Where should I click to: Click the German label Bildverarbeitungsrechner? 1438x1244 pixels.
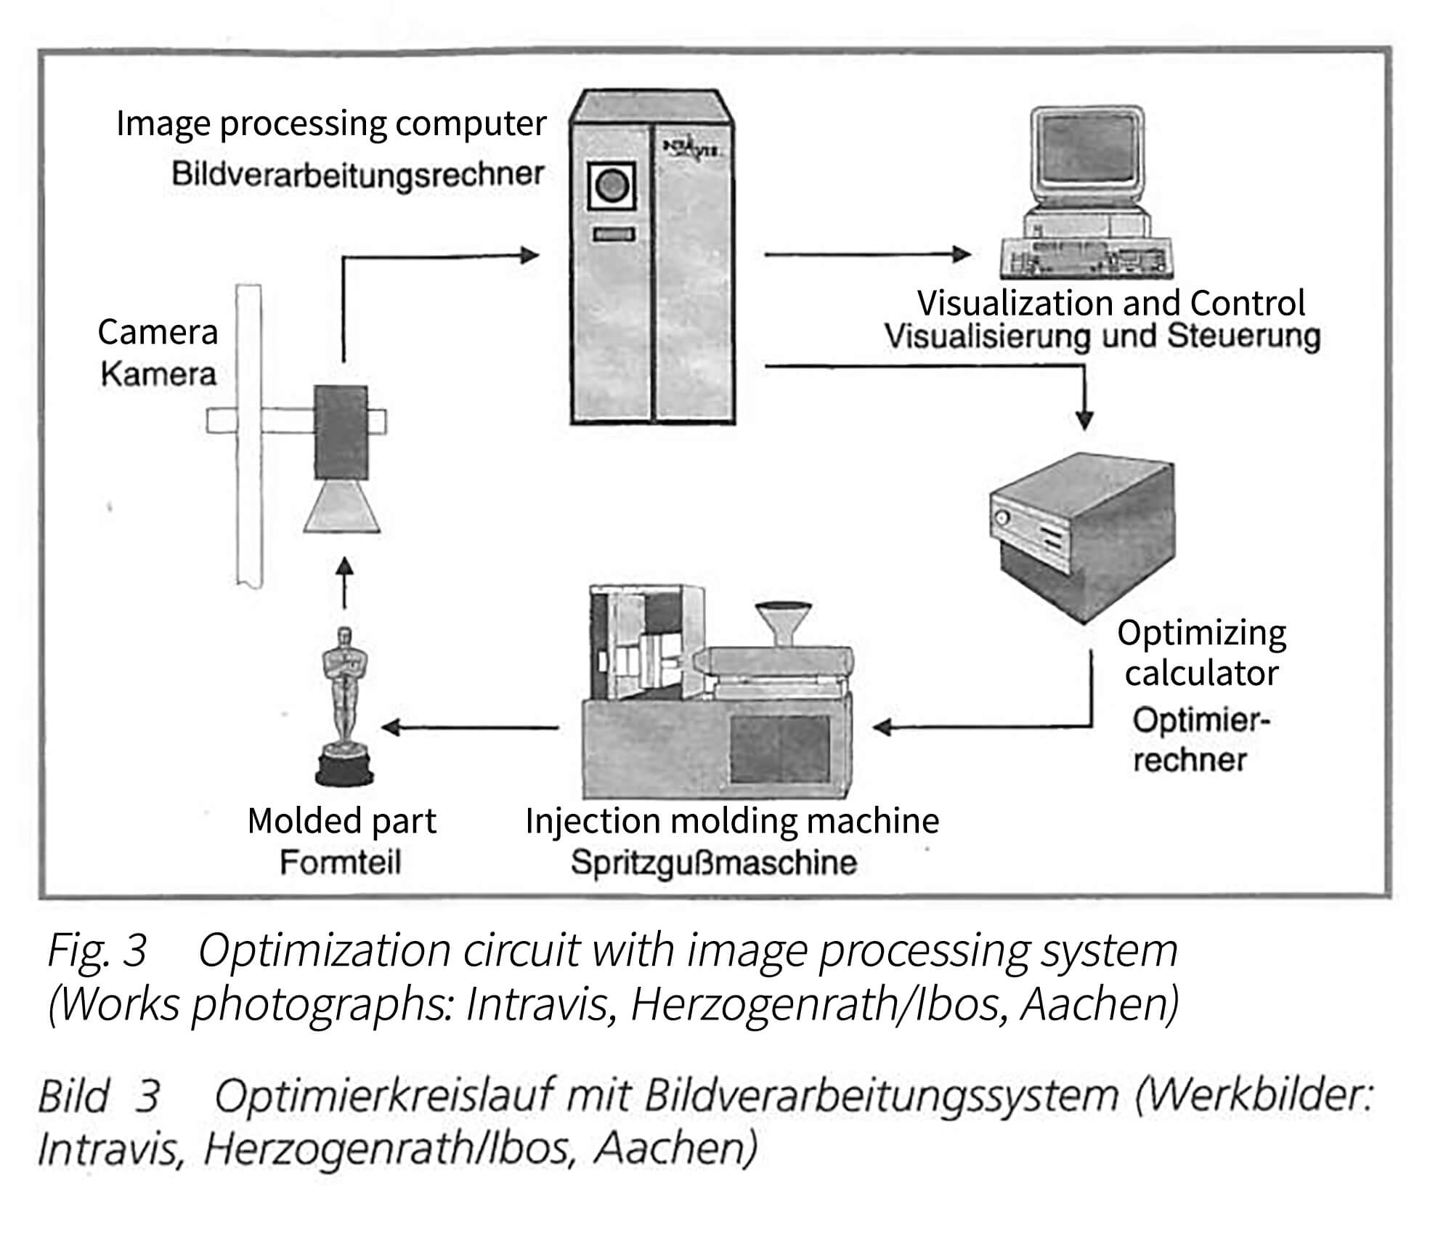(x=357, y=175)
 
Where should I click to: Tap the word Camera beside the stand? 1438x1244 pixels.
(x=158, y=332)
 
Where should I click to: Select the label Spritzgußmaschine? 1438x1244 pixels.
(x=713, y=863)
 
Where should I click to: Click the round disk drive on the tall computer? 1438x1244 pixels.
(x=612, y=187)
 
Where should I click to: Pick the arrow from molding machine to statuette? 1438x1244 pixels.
(x=468, y=727)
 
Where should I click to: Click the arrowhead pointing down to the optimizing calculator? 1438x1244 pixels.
(x=1084, y=419)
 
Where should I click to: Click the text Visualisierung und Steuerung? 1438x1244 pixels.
(x=1102, y=337)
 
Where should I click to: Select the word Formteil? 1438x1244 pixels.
(x=340, y=863)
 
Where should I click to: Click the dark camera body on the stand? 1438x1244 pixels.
(x=341, y=432)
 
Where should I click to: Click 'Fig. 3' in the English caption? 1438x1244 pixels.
(x=97, y=950)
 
